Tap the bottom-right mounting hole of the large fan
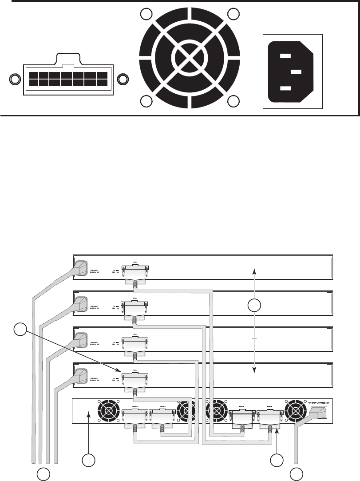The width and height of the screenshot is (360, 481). click(233, 101)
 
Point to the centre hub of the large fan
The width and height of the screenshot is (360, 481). click(189, 58)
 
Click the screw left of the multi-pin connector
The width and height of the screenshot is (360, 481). click(15, 80)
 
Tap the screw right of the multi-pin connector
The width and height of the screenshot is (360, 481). click(122, 80)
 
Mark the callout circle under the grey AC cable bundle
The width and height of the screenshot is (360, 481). click(43, 474)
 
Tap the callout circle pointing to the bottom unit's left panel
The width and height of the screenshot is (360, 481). click(90, 461)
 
